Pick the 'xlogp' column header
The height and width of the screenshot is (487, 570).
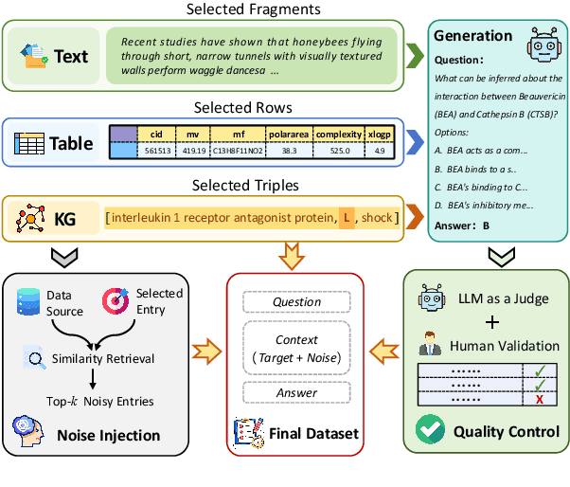point(379,135)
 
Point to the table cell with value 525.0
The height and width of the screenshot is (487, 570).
point(340,150)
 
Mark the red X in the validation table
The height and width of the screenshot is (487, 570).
point(538,401)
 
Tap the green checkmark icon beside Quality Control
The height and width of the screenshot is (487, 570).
point(431,431)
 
